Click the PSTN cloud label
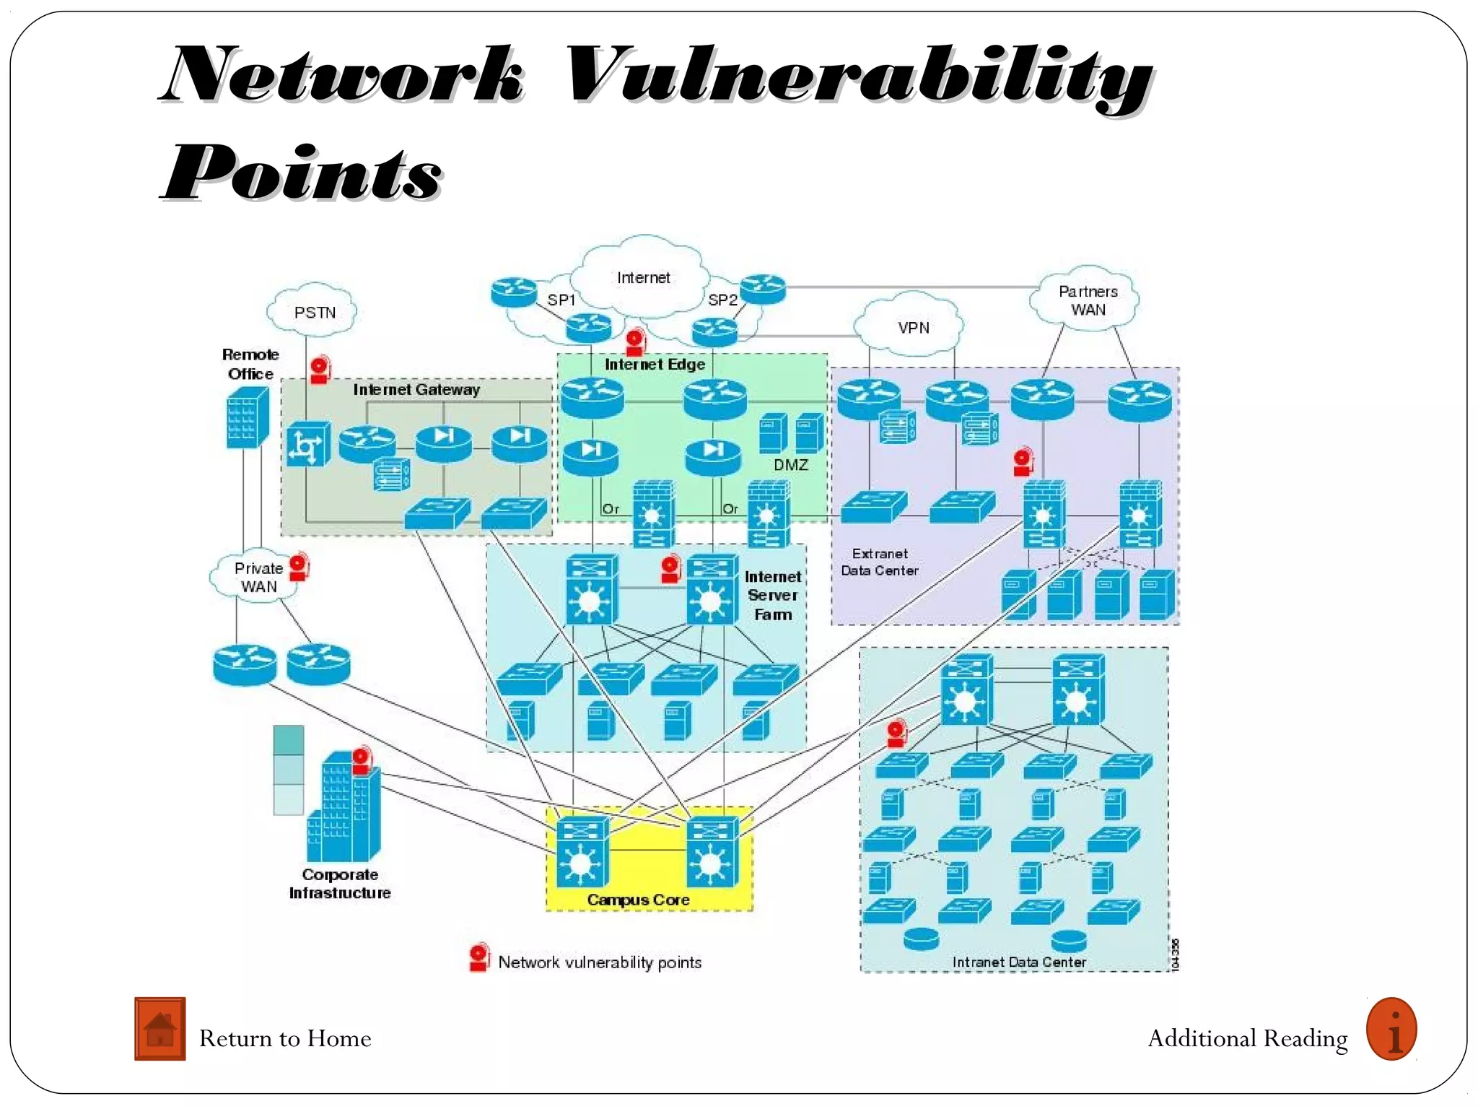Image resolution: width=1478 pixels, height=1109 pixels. point(315,313)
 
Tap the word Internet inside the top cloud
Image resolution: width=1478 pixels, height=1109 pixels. point(643,278)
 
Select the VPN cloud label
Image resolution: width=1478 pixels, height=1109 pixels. point(913,328)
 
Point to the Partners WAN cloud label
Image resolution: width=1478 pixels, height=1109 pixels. point(1088,300)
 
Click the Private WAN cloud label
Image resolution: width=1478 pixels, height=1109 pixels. point(258,578)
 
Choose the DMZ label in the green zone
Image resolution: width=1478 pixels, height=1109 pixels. point(790,465)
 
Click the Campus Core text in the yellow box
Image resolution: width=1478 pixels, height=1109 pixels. point(638,900)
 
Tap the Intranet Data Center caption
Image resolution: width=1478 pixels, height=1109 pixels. point(1018,962)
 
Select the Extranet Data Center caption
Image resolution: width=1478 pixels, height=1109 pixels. point(879,562)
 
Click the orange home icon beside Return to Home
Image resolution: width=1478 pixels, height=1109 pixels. point(159,1029)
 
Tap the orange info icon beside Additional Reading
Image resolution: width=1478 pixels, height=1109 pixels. point(1391,1029)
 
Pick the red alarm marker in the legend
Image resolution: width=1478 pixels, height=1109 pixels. point(478,957)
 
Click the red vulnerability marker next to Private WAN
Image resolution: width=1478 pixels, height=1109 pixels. point(299,567)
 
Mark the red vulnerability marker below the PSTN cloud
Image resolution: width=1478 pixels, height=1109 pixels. point(319,370)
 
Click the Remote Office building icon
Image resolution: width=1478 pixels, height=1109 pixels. point(247,417)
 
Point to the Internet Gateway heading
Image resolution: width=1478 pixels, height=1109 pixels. point(416,390)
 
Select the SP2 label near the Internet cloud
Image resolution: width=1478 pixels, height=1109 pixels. point(722,300)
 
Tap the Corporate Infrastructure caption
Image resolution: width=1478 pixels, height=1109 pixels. point(339,884)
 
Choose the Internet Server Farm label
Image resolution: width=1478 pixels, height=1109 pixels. point(772,596)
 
